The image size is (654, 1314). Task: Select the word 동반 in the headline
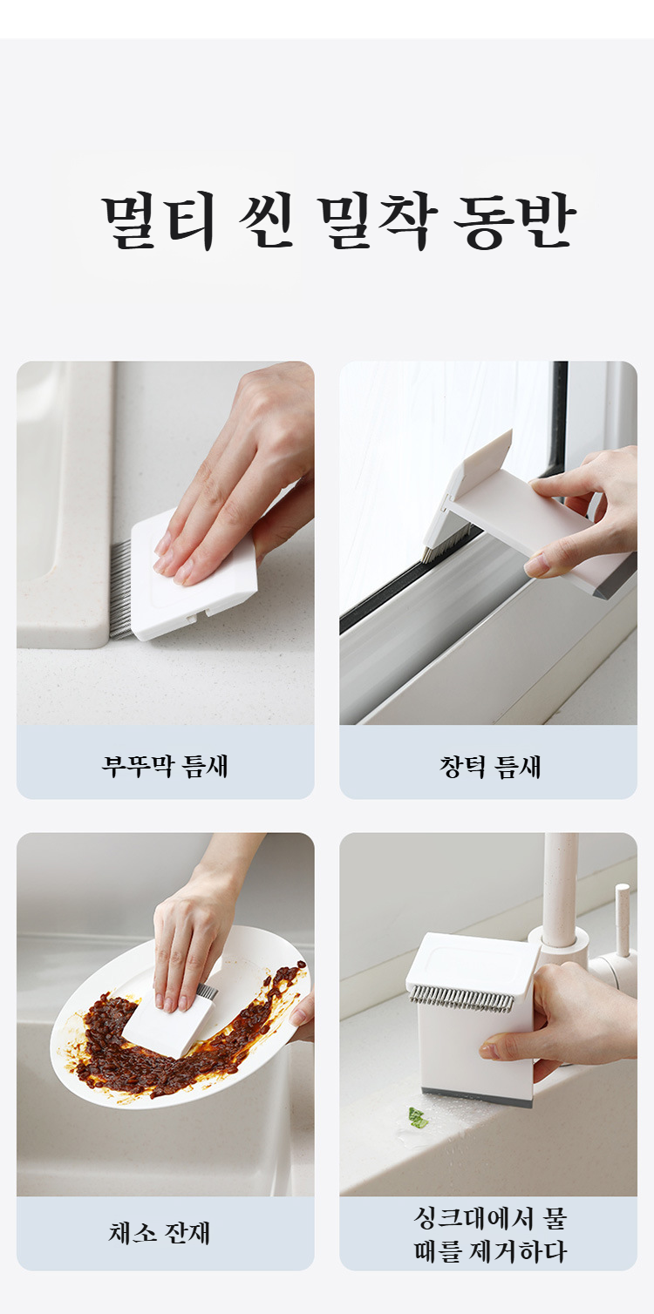pyautogui.click(x=514, y=220)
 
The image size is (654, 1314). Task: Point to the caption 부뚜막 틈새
pyautogui.click(x=165, y=766)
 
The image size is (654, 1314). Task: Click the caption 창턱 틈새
pyautogui.click(x=489, y=767)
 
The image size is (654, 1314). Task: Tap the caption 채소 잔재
pyautogui.click(x=159, y=1233)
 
